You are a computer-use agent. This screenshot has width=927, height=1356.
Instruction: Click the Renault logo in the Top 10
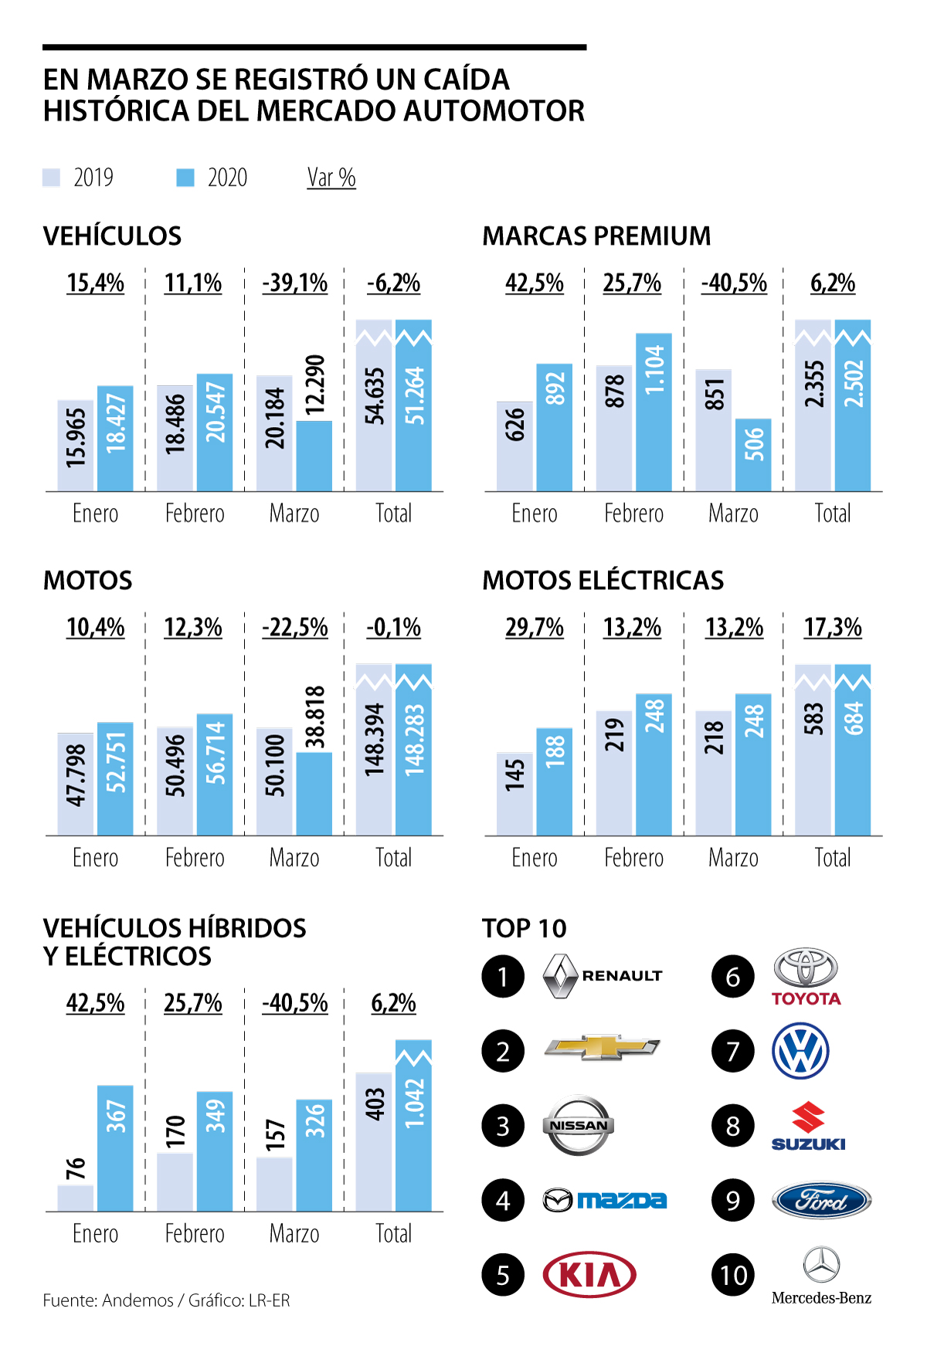tap(603, 976)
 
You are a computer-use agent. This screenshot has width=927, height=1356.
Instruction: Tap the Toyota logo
tap(806, 977)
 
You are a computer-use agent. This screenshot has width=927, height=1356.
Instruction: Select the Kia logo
tap(589, 1274)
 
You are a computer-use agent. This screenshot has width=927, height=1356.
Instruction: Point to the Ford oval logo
tap(821, 1201)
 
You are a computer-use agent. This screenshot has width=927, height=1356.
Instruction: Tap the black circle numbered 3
tap(503, 1126)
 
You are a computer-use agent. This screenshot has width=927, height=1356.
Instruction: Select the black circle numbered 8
tap(733, 1126)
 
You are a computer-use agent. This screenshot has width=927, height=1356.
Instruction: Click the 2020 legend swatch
tap(185, 178)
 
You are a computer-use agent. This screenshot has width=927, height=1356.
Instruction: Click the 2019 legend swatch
tap(51, 178)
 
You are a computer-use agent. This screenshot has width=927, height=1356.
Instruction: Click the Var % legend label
tap(331, 178)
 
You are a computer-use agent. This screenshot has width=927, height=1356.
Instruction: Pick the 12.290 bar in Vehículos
tap(314, 456)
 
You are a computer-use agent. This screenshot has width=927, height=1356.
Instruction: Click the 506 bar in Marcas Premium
tap(753, 455)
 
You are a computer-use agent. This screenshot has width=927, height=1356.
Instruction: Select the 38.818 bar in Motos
tap(314, 793)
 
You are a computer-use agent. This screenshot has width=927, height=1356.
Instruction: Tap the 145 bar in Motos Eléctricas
tap(514, 793)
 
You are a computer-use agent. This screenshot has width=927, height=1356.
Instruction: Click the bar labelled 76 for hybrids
tap(76, 1198)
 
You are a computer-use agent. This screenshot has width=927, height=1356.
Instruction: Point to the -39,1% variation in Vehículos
tap(295, 283)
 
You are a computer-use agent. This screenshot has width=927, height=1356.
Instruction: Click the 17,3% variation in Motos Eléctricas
tap(833, 627)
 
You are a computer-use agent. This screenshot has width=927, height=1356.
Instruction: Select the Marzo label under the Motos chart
tap(294, 858)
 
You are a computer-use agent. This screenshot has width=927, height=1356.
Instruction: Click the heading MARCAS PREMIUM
tap(596, 236)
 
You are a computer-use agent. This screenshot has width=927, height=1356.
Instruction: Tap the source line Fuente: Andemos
tap(166, 1300)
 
